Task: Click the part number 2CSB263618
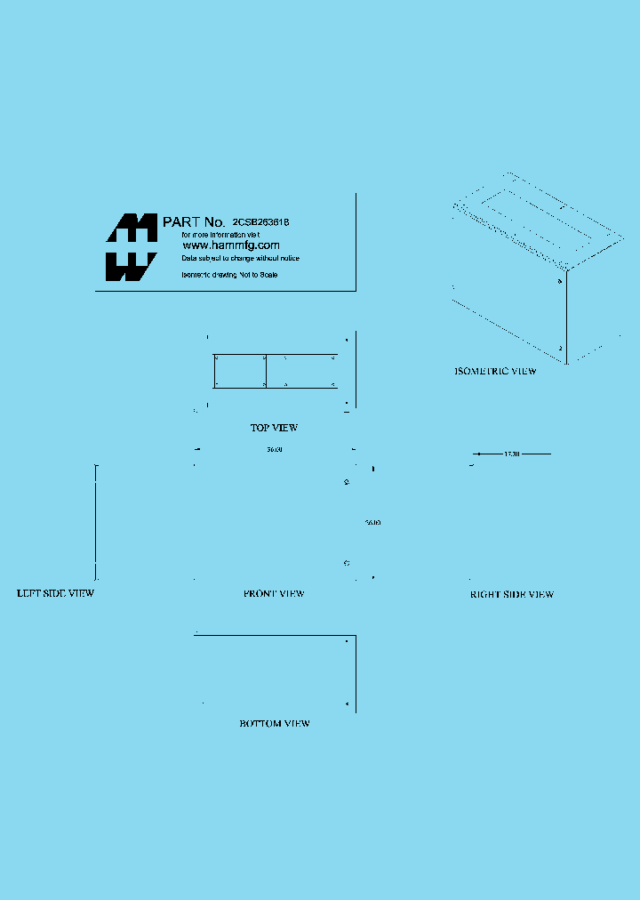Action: pos(261,221)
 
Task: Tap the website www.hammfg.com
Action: pos(231,245)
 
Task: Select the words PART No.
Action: pos(193,221)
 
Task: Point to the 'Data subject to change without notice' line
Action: pos(240,258)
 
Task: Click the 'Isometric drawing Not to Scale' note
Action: pos(229,275)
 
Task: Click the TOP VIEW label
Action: pos(274,428)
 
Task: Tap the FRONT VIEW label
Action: pos(274,593)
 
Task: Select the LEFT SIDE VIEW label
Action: pos(56,593)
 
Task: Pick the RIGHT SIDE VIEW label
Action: pos(512,594)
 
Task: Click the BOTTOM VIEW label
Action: pos(275,724)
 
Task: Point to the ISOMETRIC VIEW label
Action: pos(495,372)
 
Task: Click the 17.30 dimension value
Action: pos(511,454)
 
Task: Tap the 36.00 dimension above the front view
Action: pos(275,450)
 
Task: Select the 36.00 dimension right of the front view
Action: pos(373,523)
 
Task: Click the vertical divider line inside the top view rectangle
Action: pos(266,371)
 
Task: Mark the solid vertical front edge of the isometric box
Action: pos(566,316)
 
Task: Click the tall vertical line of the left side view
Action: pos(96,522)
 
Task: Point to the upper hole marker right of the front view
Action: pos(346,482)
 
